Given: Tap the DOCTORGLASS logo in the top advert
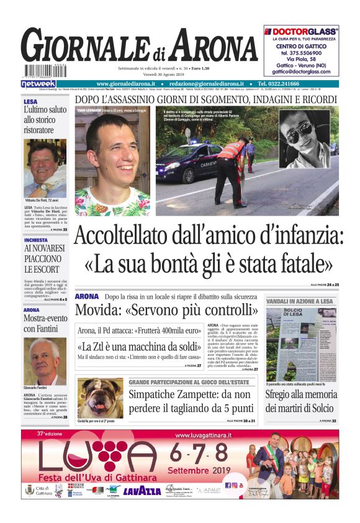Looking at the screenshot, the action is click(x=301, y=30).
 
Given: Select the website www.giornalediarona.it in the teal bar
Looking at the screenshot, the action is click(x=126, y=84).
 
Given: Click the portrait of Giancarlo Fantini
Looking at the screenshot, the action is click(x=45, y=362).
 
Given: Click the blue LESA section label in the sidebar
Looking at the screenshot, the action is click(x=30, y=101).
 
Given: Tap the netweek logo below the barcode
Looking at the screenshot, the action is click(x=38, y=84).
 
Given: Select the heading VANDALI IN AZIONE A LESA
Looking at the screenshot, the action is click(x=299, y=301).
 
